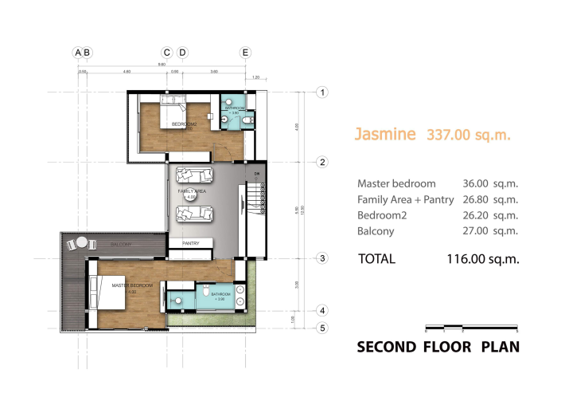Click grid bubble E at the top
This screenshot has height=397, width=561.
246,53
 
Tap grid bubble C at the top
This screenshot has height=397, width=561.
167,53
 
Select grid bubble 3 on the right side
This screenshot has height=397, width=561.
323,258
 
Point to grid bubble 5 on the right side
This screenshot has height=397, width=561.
323,328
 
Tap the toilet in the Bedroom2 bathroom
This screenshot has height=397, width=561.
248,120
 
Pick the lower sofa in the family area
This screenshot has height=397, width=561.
193,213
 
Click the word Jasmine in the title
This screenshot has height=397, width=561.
385,134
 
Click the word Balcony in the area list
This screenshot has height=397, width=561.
376,231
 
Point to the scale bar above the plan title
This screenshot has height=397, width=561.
471,328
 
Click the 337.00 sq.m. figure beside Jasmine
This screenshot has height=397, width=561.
469,135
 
